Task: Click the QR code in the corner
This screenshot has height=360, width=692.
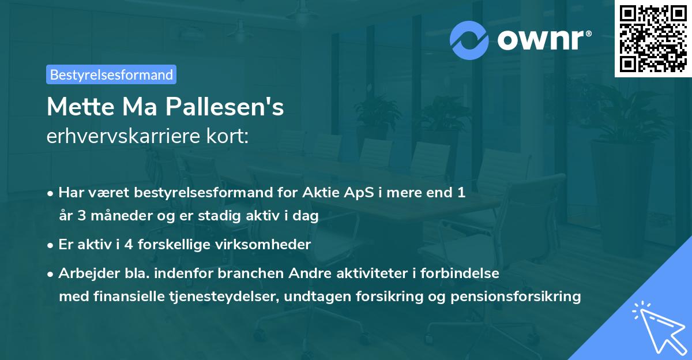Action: [653, 39]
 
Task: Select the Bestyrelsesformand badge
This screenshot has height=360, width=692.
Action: [111, 74]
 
